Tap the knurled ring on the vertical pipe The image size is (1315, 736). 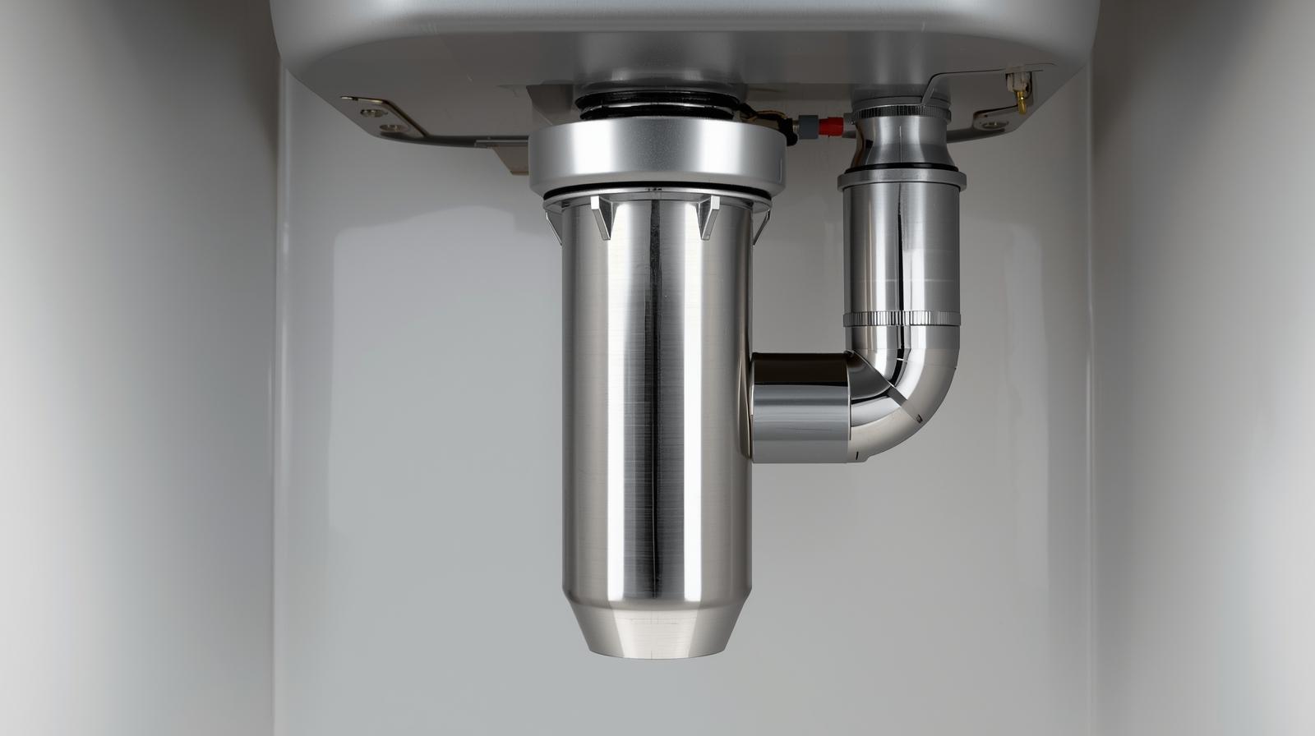[x=900, y=319]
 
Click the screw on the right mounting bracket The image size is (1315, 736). [x=987, y=118]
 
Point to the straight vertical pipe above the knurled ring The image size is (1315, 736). [x=900, y=246]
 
